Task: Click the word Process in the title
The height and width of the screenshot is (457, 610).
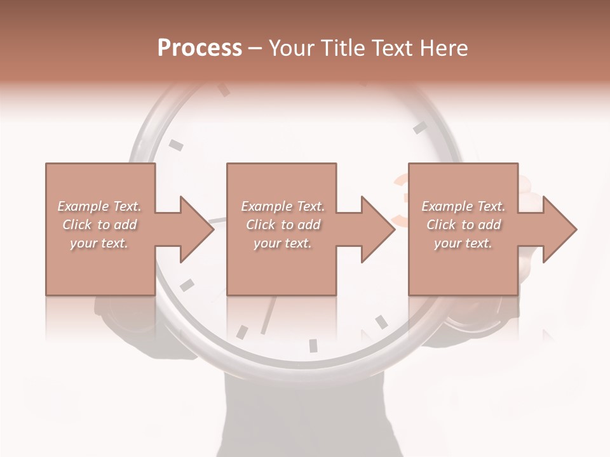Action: point(200,48)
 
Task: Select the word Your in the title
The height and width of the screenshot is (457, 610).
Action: point(293,48)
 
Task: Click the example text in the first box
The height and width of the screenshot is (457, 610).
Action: point(99,224)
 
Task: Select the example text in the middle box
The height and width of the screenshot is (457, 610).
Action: point(282,224)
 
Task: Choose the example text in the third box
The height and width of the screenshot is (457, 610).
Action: point(463,224)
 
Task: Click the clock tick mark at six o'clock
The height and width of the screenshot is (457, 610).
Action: point(313,345)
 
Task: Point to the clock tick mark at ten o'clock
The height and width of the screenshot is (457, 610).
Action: point(176,145)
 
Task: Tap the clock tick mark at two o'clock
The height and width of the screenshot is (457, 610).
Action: point(420,128)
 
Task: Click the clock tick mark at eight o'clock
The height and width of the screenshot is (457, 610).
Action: point(186,285)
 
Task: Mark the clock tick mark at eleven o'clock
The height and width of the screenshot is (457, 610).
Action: point(224,90)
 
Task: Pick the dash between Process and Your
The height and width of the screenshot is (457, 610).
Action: point(255,48)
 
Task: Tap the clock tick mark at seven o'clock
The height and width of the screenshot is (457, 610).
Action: point(242,331)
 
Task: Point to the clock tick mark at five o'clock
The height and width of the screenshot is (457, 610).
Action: point(381,322)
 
